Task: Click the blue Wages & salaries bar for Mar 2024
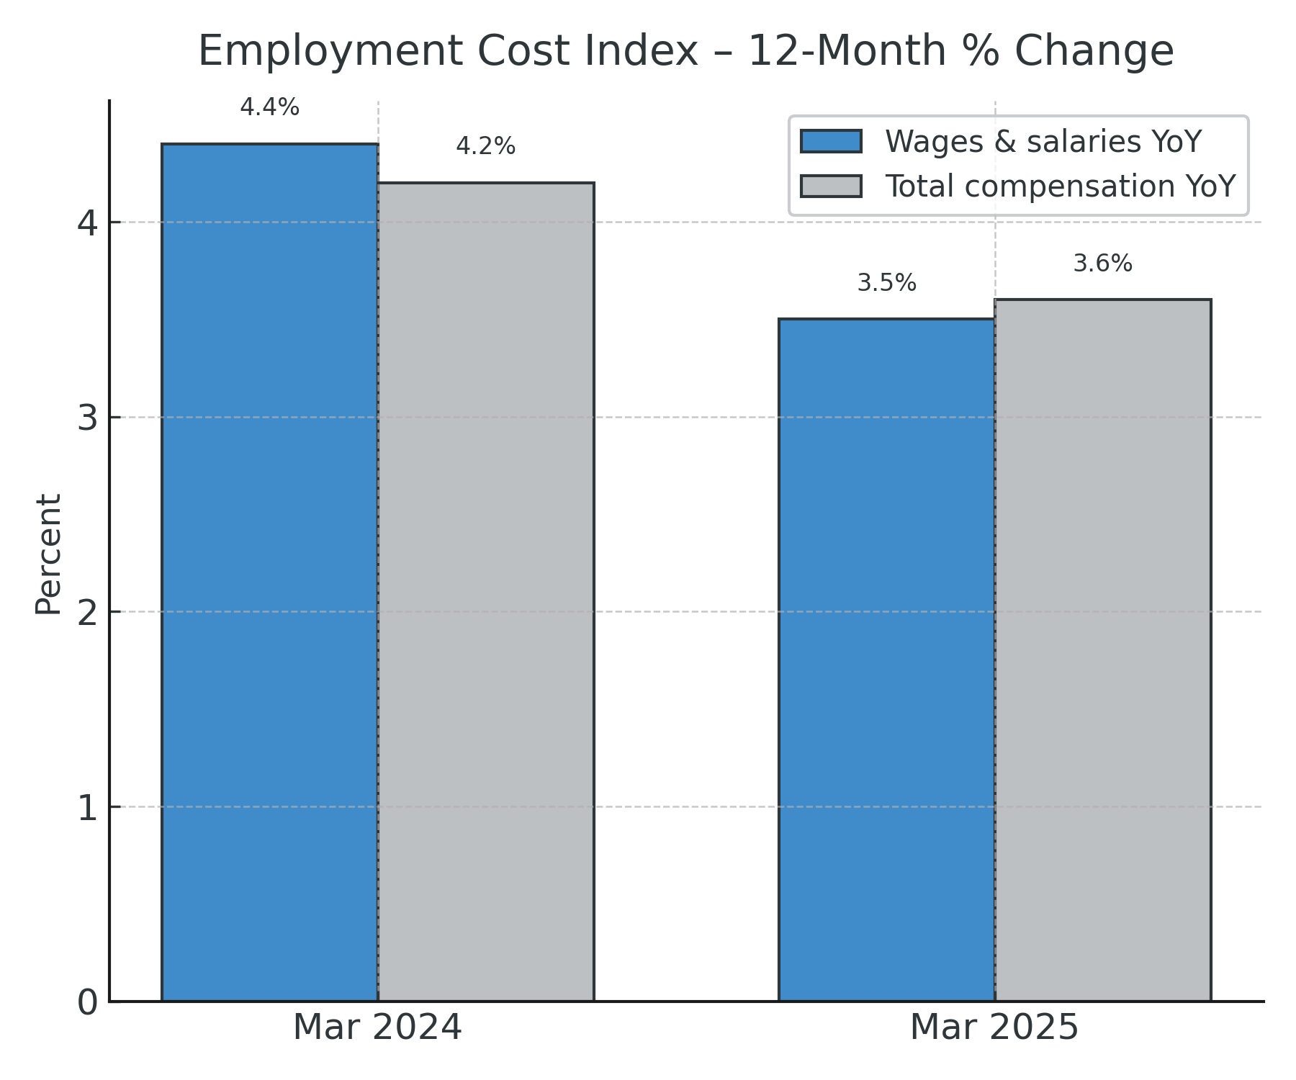click(x=270, y=572)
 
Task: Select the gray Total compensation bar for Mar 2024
click(x=486, y=592)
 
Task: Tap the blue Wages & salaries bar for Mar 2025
click(x=887, y=660)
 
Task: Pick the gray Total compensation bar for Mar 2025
click(x=1103, y=650)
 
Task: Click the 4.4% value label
click(x=270, y=108)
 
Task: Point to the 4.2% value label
click(x=486, y=147)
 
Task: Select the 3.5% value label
click(x=887, y=283)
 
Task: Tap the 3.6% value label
click(x=1103, y=264)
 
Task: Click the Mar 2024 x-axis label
click(x=377, y=1027)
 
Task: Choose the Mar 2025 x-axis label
click(x=994, y=1027)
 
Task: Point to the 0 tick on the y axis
click(x=87, y=1002)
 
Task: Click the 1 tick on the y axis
click(x=87, y=808)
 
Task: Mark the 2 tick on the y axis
click(x=87, y=613)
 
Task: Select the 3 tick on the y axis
click(x=87, y=418)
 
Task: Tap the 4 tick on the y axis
click(x=87, y=223)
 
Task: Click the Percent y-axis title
click(x=48, y=554)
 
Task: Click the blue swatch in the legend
click(x=831, y=141)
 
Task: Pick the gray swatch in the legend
click(x=831, y=186)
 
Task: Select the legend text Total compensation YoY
click(x=1061, y=186)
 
